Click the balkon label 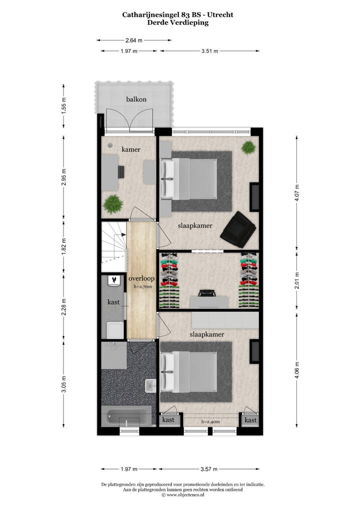[x=136, y=99]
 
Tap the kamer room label [x=131, y=149]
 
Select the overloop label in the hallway [x=141, y=278]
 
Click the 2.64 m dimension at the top [x=133, y=40]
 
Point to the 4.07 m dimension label [x=297, y=193]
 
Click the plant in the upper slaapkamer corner [x=248, y=147]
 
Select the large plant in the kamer [x=113, y=203]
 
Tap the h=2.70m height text [x=142, y=287]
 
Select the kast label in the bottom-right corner [x=250, y=420]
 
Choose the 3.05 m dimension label [x=64, y=385]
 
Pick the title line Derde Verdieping [x=178, y=22]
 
